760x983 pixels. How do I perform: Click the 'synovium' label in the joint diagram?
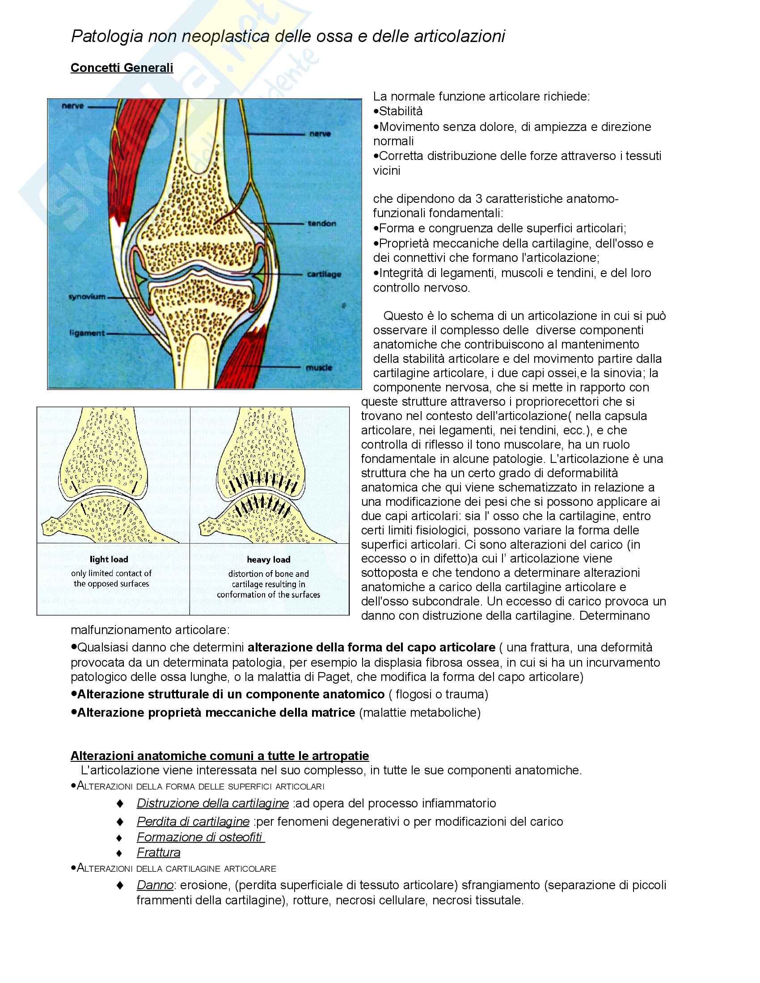(x=87, y=297)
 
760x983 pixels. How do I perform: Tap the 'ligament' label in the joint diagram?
(x=87, y=333)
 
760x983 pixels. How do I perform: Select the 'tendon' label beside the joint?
(x=322, y=223)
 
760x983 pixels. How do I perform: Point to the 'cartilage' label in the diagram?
(x=324, y=274)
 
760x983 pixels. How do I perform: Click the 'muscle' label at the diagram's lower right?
(x=319, y=368)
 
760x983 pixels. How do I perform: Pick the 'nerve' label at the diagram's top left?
(x=72, y=106)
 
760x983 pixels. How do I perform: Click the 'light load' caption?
(x=109, y=559)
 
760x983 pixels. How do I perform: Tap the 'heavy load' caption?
(x=268, y=560)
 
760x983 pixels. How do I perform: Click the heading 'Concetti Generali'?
(x=122, y=67)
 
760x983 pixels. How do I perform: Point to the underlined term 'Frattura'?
(x=159, y=853)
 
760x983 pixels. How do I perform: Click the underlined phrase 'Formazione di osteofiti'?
(x=200, y=837)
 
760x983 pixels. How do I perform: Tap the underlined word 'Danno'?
(x=155, y=885)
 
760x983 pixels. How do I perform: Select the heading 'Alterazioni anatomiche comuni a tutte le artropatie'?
(x=220, y=756)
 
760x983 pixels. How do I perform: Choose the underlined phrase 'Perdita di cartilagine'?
(x=193, y=821)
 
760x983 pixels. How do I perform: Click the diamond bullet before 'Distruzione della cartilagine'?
(x=120, y=803)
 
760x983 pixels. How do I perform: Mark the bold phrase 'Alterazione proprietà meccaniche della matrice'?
(x=216, y=713)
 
